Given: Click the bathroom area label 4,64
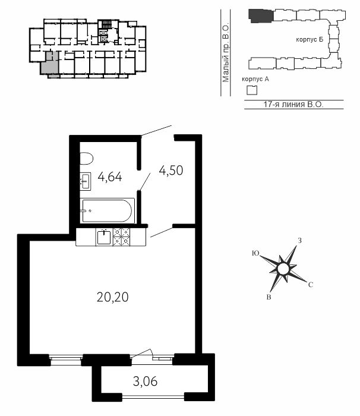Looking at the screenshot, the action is pos(110,177).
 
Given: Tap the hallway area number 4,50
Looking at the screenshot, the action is pos(171,171).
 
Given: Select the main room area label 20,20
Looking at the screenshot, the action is pos(113,297).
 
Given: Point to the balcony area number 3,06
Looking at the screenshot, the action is pos(145,382).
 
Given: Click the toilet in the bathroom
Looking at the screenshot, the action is pos(87,159).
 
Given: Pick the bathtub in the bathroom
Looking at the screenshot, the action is pos(108,210).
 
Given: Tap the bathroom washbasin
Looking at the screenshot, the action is pos(86,181).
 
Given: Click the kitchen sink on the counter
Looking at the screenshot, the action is pos(104,237).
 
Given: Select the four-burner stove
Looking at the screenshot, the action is pos(122,237).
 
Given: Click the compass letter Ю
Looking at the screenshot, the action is pos(255,253).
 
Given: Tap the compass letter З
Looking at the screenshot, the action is pos(300,241).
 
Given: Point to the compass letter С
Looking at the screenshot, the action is pos(311,285).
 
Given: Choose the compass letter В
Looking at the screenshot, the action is pos(269,297).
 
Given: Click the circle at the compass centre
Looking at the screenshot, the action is pos(283,269).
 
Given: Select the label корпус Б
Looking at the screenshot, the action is pos(310,40).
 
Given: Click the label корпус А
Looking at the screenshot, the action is pos(255,79).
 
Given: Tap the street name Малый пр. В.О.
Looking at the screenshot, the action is pos(226,53).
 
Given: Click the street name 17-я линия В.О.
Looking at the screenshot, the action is pos(293,104).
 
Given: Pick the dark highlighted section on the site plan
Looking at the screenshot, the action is pos(261,16).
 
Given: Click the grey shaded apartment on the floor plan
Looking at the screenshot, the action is pos(50,65).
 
